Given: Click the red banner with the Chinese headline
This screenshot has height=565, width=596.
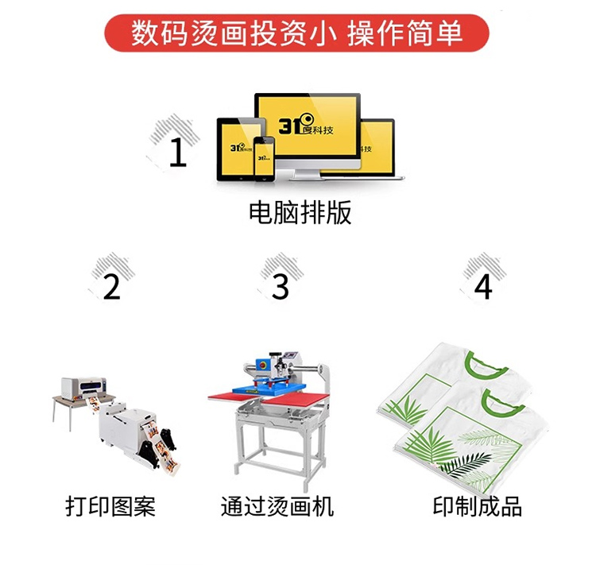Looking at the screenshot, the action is coord(296,33).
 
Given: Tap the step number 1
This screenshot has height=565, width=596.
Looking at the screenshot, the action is coord(178,152).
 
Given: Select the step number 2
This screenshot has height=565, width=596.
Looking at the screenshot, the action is coord(111,287).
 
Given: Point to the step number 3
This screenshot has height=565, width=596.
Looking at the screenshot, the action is coord(281,287).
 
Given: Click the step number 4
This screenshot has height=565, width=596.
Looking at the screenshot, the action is coord(483,287).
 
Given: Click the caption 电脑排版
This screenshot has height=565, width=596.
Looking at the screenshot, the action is coord(300,212).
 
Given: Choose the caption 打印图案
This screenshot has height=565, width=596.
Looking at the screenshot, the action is coord(110,506).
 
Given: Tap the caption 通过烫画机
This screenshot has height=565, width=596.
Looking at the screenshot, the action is coord(277,506).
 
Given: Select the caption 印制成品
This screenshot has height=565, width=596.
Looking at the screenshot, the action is coord(478,506).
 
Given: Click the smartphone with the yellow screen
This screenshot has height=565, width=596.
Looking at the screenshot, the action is coord(264,159).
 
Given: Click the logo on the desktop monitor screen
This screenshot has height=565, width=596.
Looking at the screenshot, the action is coord(306,124).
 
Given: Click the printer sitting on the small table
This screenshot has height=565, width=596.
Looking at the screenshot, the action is coord(84,388).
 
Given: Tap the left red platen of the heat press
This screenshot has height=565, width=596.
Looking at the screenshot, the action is coord(230,397).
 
